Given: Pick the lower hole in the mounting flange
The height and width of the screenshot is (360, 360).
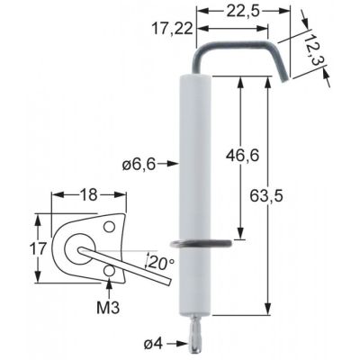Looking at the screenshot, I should pyautogui.click(x=109, y=270).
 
